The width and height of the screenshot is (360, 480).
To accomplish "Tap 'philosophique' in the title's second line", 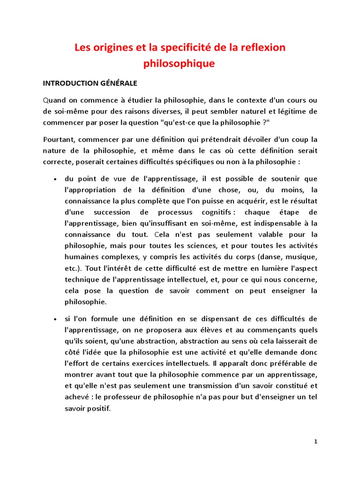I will [180, 63].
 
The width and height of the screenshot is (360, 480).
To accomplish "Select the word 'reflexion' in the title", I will [262, 48].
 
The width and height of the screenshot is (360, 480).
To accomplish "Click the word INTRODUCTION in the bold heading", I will [71, 83].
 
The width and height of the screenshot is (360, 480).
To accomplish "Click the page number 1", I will [315, 441].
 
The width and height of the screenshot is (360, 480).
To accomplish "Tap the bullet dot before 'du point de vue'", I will [56, 179].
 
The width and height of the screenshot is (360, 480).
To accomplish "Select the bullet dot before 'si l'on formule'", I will [56, 319].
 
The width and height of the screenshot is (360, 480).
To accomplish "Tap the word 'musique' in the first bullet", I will [300, 257].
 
